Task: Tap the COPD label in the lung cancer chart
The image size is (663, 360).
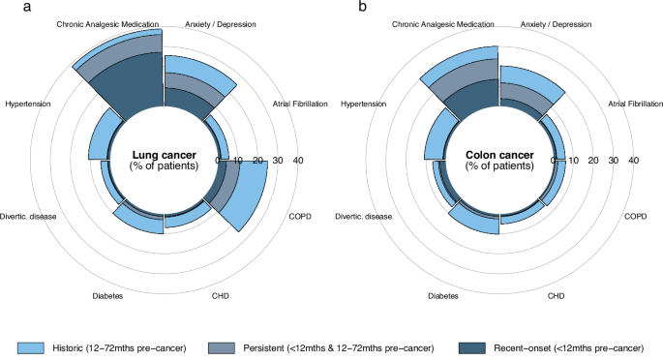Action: (x=299, y=216)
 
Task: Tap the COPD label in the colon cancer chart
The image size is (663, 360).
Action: (x=635, y=216)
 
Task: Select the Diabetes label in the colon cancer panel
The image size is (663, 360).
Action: (x=442, y=295)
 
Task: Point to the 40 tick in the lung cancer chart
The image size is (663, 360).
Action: (x=297, y=161)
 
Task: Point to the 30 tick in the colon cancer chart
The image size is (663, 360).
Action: (x=613, y=161)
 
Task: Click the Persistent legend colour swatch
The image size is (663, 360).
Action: (x=222, y=346)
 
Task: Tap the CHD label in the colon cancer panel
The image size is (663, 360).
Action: (x=557, y=295)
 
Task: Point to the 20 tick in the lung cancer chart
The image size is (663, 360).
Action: (x=256, y=161)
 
